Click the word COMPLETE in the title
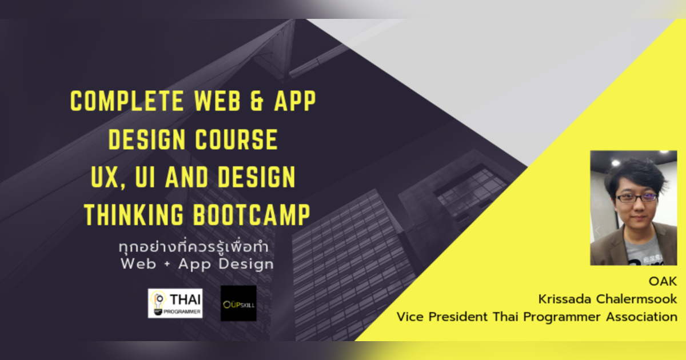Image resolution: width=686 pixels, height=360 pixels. (x=122, y=102)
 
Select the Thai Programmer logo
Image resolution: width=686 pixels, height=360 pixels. (x=175, y=303)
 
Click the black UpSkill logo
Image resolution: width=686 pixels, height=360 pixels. (x=238, y=303)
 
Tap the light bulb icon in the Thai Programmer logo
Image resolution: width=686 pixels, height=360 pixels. (x=158, y=301)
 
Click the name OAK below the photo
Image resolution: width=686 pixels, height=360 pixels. (x=663, y=281)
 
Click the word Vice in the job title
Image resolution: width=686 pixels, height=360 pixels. (x=410, y=317)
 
